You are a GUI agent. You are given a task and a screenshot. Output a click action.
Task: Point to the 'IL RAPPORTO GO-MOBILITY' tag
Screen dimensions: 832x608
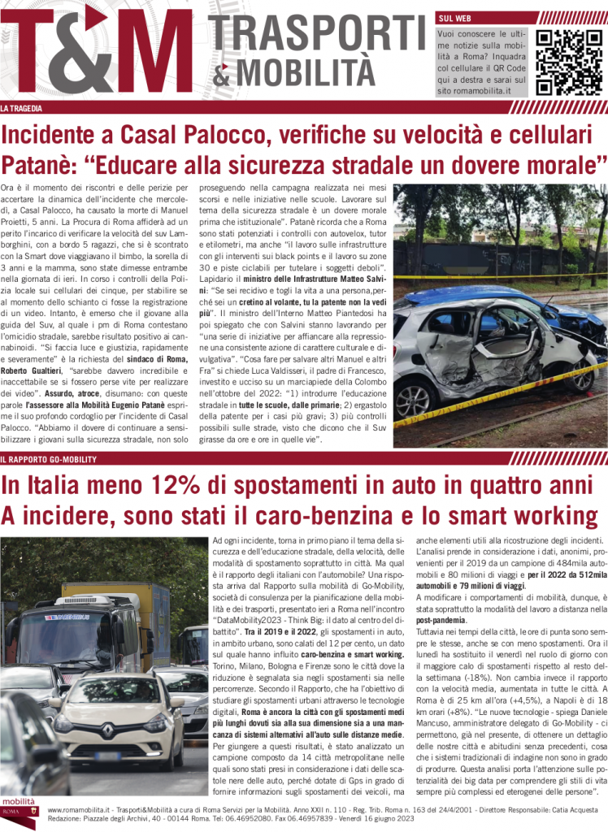click(x=48, y=460)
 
